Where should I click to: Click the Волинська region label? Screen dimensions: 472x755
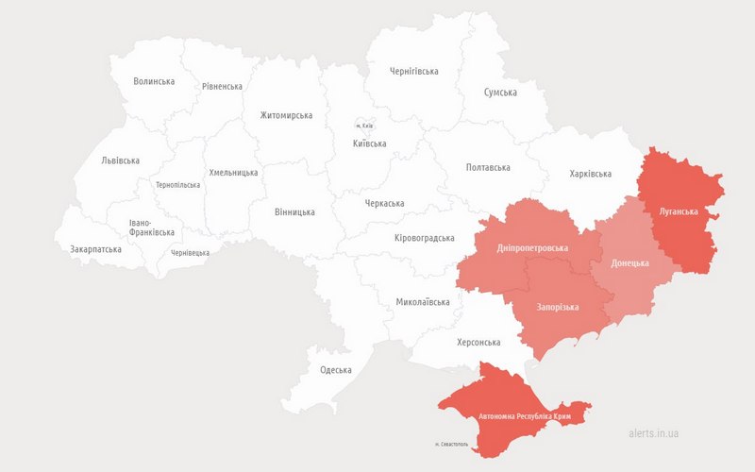154,82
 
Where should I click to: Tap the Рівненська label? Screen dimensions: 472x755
222,87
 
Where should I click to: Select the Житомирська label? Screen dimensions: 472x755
286,116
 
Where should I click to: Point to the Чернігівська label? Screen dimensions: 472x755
414,72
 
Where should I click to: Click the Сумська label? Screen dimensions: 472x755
500,93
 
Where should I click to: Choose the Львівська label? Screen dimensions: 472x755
120,161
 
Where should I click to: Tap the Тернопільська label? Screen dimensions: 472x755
177,185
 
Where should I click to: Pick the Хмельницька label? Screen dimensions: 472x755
233,174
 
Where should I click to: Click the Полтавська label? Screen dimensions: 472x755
488,167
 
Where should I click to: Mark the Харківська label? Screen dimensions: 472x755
591,174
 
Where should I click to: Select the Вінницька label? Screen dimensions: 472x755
294,212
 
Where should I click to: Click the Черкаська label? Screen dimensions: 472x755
384,204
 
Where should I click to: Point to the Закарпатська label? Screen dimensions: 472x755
95,250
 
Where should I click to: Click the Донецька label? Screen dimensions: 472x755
629,262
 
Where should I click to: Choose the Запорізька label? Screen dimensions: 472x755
558,308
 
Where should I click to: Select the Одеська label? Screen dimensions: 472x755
336,370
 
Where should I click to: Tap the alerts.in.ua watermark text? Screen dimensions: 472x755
653,434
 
